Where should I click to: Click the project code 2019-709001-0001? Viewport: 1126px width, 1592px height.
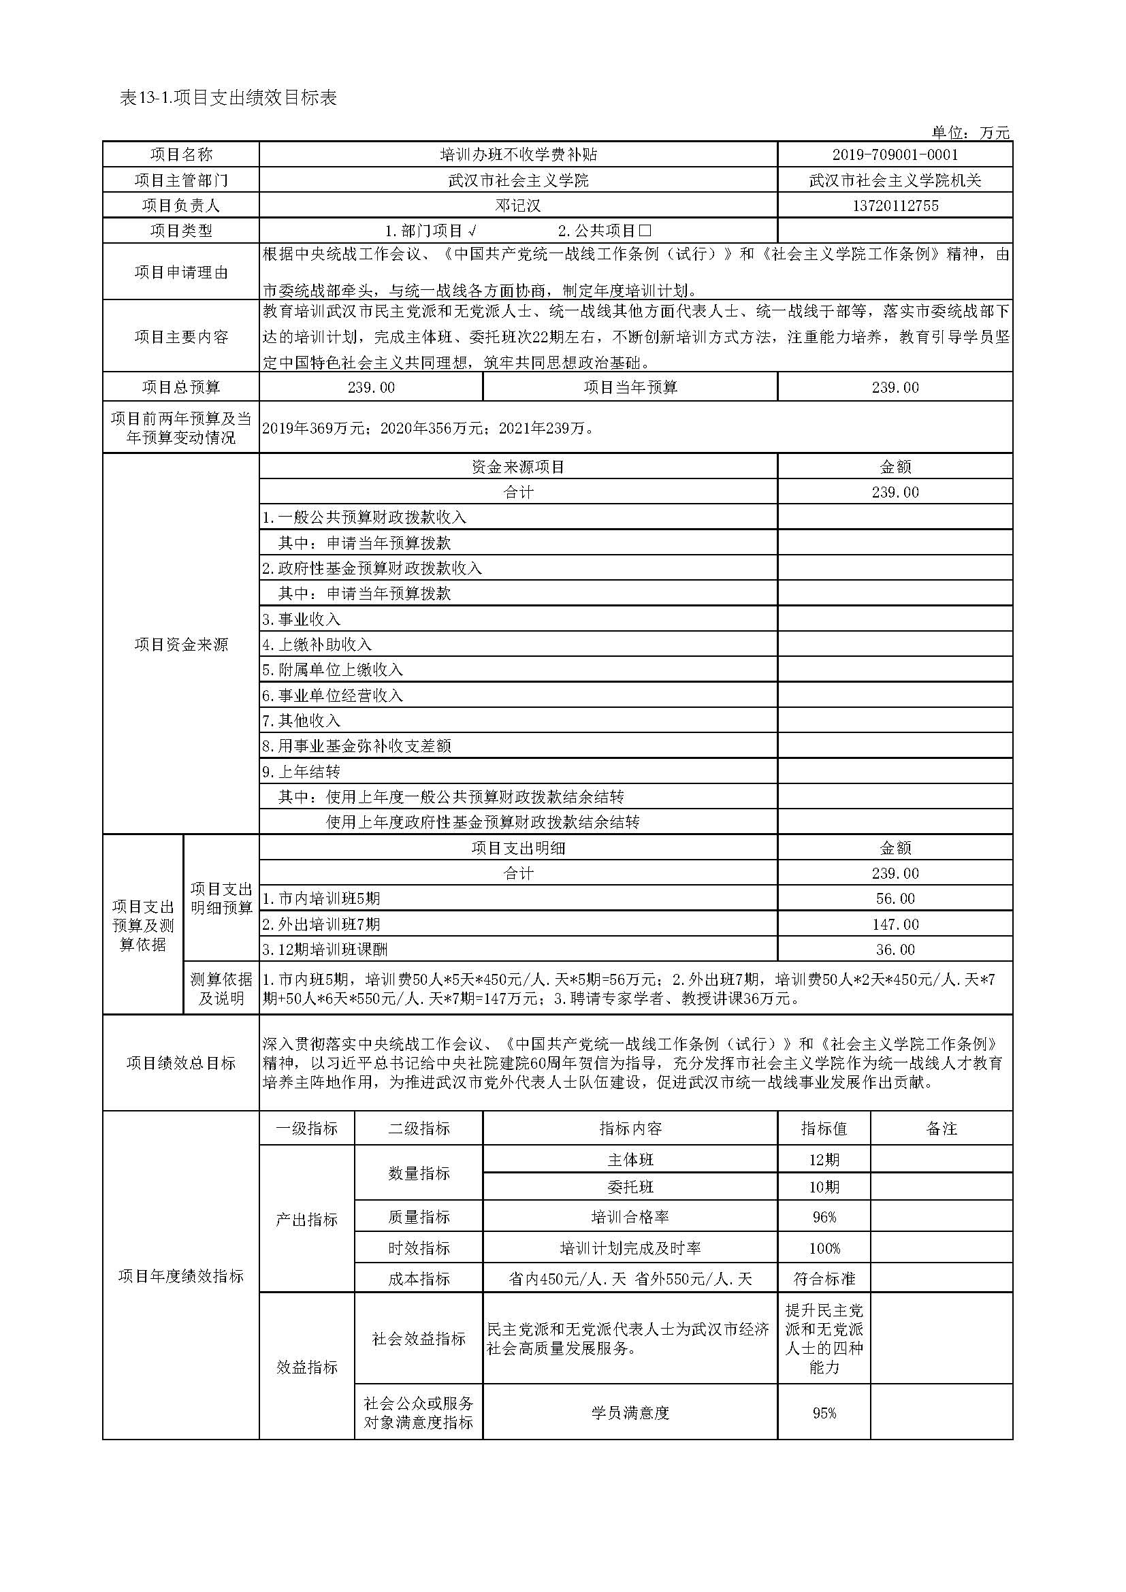tap(895, 155)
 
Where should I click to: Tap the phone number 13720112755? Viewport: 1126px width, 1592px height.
tap(895, 206)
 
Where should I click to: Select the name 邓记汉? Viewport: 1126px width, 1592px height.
tap(517, 206)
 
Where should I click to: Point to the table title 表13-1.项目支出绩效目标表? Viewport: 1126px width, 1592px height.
tap(228, 98)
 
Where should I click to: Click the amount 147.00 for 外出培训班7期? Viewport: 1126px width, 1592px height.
tap(895, 924)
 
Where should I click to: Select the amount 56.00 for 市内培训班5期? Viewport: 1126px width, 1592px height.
tap(895, 898)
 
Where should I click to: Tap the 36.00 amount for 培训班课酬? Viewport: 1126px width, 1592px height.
tap(895, 949)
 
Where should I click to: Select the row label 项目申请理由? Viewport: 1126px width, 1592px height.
tap(181, 272)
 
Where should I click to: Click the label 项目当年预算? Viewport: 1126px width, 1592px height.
tap(630, 387)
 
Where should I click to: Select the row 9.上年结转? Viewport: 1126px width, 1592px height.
tap(302, 771)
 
